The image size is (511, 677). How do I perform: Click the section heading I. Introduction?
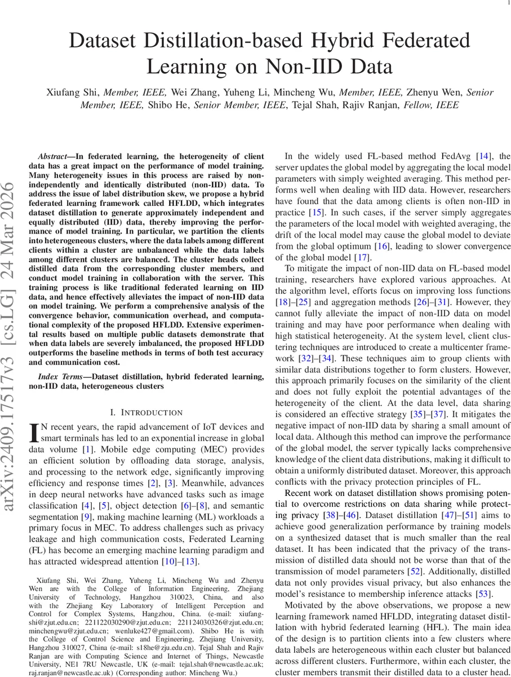pos(146,412)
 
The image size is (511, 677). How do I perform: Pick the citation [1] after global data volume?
pos(87,450)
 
